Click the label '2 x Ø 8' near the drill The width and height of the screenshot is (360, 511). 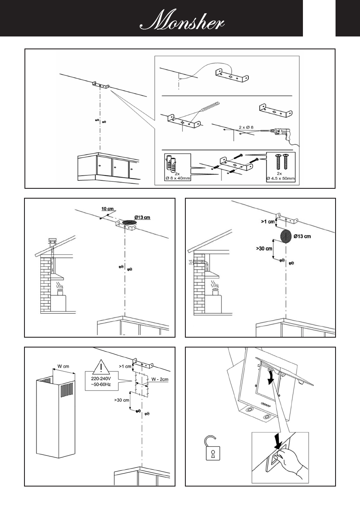click(249, 127)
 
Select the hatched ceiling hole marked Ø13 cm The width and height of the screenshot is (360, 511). click(127, 223)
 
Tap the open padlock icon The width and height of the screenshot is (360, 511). click(211, 449)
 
